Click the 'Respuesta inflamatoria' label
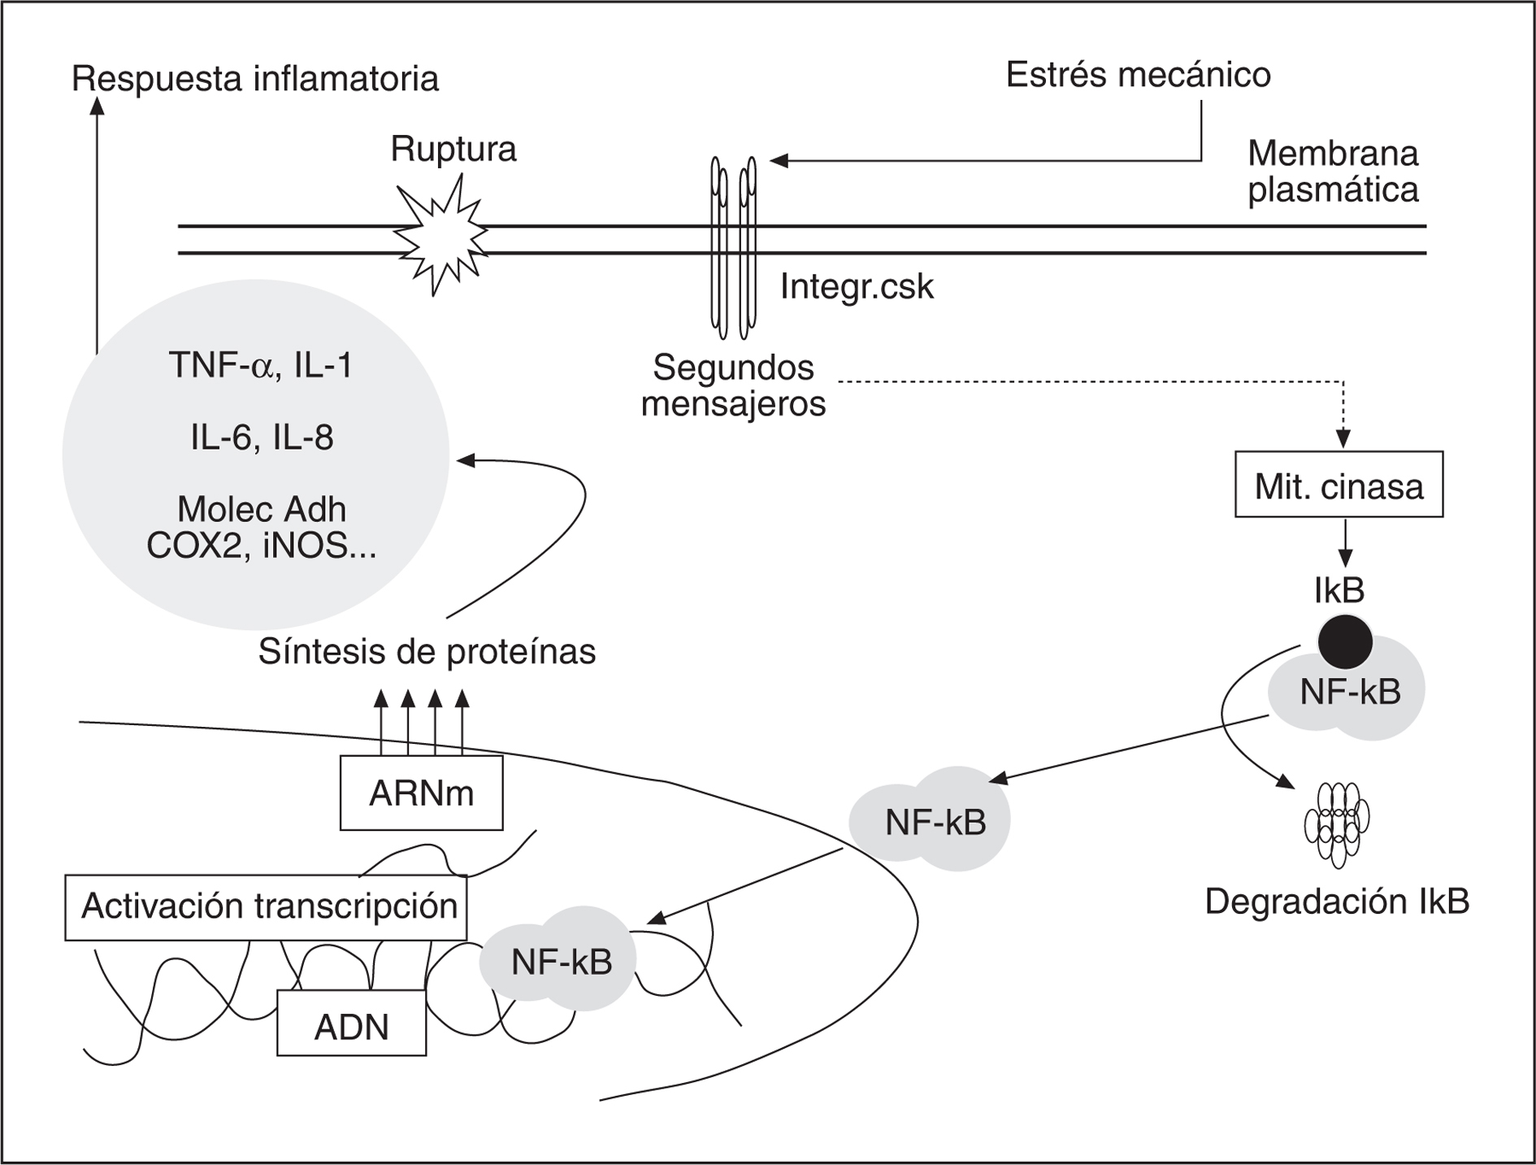tap(255, 79)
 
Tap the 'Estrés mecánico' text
tap(1138, 75)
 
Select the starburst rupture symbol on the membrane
tap(440, 237)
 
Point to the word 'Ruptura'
tap(453, 150)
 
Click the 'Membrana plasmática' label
tap(1333, 171)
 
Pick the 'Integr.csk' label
tap(857, 287)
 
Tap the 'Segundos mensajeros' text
tap(733, 385)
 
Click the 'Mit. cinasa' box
tap(1339, 485)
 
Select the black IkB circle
tap(1345, 641)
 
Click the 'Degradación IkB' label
tap(1337, 902)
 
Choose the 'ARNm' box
tap(421, 793)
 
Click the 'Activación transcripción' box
tap(267, 906)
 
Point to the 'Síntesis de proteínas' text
tap(427, 651)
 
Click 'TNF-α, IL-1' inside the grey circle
tap(260, 365)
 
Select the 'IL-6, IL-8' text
tap(262, 438)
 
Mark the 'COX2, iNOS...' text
tap(262, 546)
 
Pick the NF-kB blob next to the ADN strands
tap(561, 963)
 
